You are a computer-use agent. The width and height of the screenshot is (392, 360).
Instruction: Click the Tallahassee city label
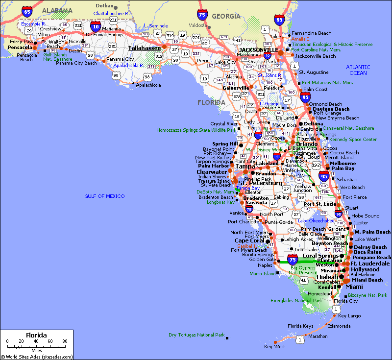click(144, 48)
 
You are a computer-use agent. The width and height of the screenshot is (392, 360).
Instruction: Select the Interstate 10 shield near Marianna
click(95, 26)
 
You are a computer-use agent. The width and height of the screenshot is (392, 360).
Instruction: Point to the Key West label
click(274, 347)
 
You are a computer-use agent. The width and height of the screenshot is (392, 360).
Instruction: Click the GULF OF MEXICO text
click(105, 196)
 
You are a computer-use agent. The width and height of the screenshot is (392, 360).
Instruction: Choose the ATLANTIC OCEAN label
click(358, 70)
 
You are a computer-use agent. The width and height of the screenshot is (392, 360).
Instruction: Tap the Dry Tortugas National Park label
click(196, 335)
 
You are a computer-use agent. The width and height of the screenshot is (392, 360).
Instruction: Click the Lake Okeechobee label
click(316, 221)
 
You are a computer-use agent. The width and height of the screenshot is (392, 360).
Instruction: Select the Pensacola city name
click(20, 48)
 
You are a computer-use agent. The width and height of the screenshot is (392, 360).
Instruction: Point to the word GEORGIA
click(226, 17)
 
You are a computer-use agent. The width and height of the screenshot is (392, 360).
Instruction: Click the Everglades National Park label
click(296, 300)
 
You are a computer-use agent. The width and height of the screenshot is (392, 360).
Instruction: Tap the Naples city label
click(265, 265)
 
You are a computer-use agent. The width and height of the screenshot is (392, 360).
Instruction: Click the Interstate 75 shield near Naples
click(293, 259)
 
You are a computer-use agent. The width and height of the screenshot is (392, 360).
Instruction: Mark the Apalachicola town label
click(148, 85)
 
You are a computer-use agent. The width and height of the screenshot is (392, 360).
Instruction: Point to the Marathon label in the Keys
click(318, 336)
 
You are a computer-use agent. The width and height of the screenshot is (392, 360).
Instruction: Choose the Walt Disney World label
click(265, 150)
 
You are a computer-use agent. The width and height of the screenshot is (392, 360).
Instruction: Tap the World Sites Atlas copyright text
click(37, 357)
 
